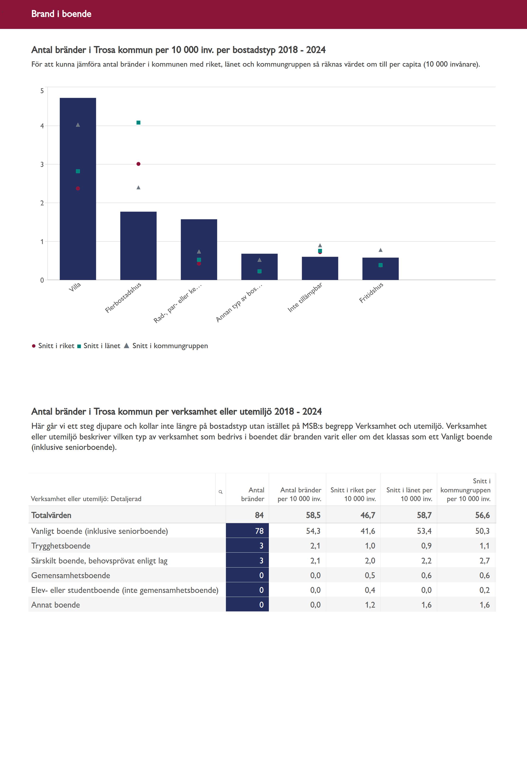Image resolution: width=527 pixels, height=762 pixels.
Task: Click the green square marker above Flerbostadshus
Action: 138,123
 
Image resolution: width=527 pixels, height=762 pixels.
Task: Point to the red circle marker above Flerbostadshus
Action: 138,164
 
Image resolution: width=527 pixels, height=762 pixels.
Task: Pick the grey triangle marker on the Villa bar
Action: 78,125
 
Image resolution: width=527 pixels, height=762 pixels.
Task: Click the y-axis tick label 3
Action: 42,165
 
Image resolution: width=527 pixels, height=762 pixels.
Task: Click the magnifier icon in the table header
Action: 220,492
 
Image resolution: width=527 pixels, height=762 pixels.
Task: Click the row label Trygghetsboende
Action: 61,546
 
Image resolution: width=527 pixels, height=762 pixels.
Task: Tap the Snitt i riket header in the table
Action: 353,494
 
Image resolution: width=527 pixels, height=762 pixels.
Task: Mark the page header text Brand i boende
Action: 61,14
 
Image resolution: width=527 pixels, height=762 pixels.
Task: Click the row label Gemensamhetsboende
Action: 71,575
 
